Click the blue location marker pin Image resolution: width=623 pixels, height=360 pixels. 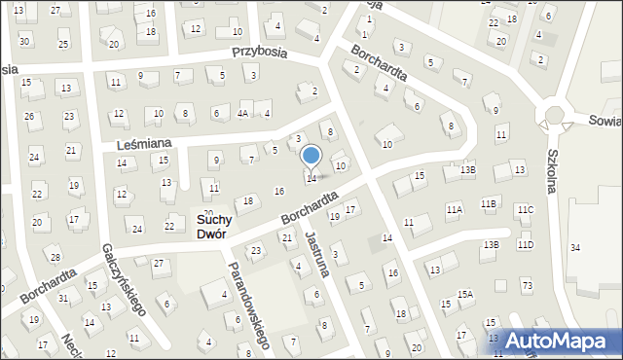pos(311,156)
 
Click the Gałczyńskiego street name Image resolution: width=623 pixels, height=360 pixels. pos(124,280)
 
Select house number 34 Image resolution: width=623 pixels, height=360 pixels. pos(574,248)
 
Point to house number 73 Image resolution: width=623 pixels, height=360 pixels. pos(527,285)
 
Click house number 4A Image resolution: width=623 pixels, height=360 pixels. pos(242,114)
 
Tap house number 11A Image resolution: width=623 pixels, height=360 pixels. pos(454,209)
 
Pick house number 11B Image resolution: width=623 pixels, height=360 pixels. pos(488,202)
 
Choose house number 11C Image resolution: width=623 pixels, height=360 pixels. pos(526,209)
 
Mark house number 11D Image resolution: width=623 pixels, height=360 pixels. pos(527,244)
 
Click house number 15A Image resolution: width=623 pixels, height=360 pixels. pos(465,294)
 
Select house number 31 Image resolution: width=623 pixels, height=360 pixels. pos(62,297)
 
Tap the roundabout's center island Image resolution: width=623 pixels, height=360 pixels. pos(554,116)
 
